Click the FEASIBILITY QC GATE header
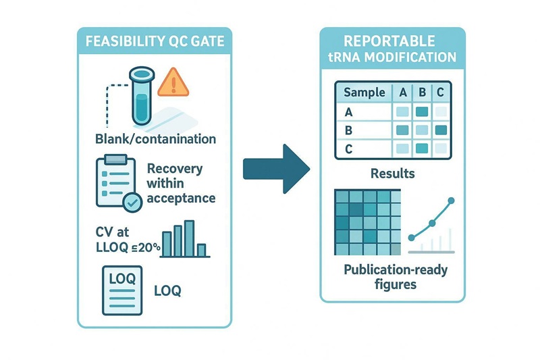pyautogui.click(x=155, y=39)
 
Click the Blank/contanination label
pyautogui.click(x=155, y=139)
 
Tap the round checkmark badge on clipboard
pyautogui.click(x=132, y=200)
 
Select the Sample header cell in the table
pyautogui.click(x=364, y=93)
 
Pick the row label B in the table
pyautogui.click(x=349, y=130)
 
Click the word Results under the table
pyautogui.click(x=392, y=174)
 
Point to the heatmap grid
pyautogui.click(x=367, y=221)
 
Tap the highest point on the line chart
pyautogui.click(x=451, y=201)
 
